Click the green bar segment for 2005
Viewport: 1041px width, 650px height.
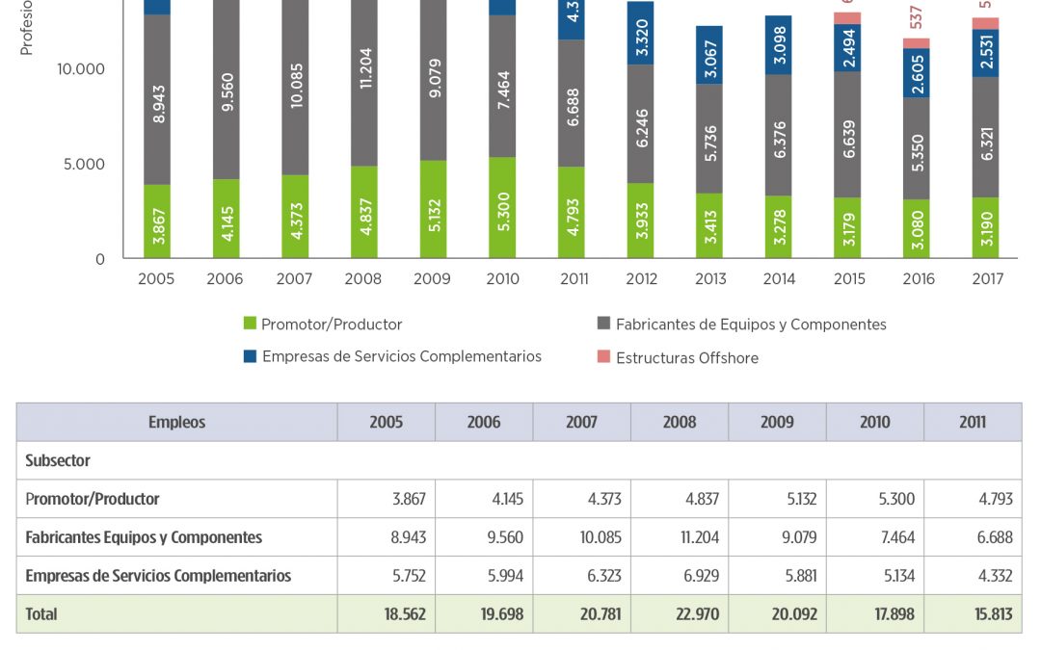(158, 221)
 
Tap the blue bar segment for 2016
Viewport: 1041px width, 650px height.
(917, 72)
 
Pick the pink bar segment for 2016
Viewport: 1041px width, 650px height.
(917, 43)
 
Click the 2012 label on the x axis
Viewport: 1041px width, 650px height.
(641, 279)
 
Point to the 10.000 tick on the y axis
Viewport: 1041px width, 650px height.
(81, 69)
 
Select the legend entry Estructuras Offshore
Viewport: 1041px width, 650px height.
(686, 357)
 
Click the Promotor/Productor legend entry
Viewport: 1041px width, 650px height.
(331, 325)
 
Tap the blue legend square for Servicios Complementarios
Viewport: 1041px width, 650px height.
(250, 356)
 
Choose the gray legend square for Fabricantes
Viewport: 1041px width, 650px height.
(603, 325)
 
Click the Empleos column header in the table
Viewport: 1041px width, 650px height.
(176, 422)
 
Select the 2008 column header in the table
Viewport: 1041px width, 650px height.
(680, 422)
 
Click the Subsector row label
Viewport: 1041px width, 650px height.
(58, 460)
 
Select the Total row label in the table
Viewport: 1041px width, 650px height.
(41, 613)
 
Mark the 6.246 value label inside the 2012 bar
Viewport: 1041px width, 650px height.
(641, 124)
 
